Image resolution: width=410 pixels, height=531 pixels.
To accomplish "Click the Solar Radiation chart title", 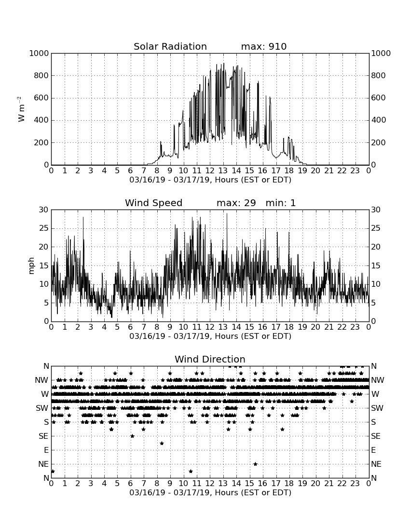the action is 170,46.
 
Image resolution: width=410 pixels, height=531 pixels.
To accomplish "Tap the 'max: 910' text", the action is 264,46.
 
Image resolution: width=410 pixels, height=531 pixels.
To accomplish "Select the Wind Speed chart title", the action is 153,203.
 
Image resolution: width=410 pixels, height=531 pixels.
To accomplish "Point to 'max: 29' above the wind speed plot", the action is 236,203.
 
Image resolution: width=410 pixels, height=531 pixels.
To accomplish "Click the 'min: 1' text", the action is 280,203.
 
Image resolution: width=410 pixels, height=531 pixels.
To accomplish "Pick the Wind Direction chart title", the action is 210,359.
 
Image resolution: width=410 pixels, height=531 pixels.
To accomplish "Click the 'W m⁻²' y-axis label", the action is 21,109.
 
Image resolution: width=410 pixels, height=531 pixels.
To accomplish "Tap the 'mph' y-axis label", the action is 31,266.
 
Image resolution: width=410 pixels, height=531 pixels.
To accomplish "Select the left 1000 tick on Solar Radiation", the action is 39,53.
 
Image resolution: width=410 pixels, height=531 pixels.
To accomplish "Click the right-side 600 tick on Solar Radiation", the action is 379,98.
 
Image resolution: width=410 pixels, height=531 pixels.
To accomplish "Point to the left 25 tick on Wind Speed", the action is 44,228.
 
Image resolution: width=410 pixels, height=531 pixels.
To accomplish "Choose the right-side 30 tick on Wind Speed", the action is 376,210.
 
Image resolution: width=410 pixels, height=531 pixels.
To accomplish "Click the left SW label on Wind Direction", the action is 42,408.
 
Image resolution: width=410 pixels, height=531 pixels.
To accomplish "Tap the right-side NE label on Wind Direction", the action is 376,464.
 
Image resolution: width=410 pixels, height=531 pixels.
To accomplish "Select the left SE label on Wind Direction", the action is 43,436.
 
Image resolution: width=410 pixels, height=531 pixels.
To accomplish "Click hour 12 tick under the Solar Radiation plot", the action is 210,170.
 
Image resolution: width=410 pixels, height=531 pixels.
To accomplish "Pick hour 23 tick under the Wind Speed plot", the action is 355,327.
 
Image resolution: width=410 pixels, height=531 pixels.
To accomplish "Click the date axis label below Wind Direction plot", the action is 210,492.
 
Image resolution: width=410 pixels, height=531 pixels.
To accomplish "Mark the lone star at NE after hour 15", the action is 255,464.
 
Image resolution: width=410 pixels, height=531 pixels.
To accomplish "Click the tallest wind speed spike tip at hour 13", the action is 227,213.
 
